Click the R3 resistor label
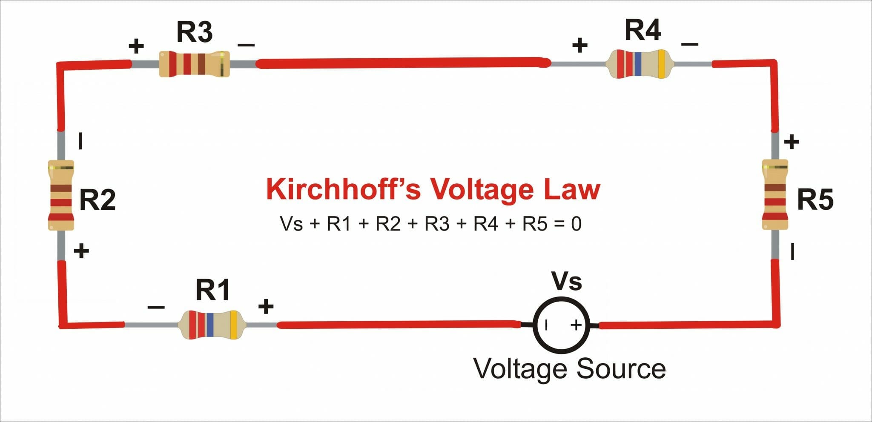(194, 32)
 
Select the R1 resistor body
(211, 325)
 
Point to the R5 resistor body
(775, 195)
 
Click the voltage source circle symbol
(561, 325)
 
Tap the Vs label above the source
(566, 282)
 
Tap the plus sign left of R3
(136, 46)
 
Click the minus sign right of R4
(690, 44)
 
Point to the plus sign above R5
(792, 142)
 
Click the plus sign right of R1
(266, 306)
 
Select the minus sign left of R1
(156, 307)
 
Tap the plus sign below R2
(81, 251)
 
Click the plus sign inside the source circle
(576, 325)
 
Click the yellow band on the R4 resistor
(661, 64)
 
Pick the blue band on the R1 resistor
(210, 325)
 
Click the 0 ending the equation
(576, 224)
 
